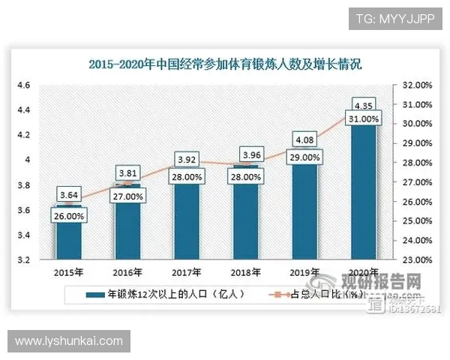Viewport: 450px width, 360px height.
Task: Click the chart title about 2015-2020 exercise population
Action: tap(225, 64)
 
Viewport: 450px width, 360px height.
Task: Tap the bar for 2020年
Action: tap(365, 195)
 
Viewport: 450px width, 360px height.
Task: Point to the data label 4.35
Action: tap(365, 105)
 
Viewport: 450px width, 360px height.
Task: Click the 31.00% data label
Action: tap(365, 118)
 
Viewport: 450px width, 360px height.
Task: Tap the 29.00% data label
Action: tap(306, 157)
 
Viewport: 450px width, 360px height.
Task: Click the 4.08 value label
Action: tap(306, 139)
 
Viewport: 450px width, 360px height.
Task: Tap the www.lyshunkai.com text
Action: tap(68, 341)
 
